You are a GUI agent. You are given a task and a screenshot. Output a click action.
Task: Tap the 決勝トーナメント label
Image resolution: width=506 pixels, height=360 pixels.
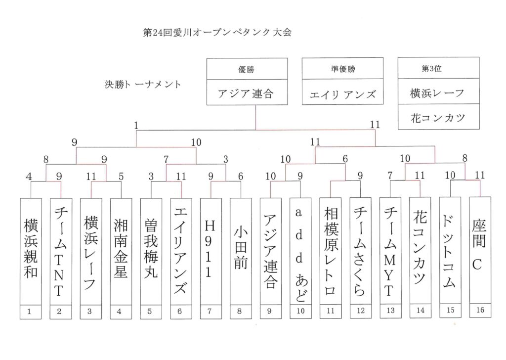tap(143, 84)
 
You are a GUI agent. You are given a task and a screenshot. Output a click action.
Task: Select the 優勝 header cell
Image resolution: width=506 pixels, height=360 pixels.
tap(247, 69)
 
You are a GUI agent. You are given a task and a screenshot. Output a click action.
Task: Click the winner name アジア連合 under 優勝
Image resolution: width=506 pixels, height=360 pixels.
tap(247, 93)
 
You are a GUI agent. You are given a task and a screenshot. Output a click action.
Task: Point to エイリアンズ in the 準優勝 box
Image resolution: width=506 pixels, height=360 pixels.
tap(342, 94)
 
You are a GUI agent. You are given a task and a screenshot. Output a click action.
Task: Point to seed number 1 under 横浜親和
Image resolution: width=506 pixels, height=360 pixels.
tap(31, 312)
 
